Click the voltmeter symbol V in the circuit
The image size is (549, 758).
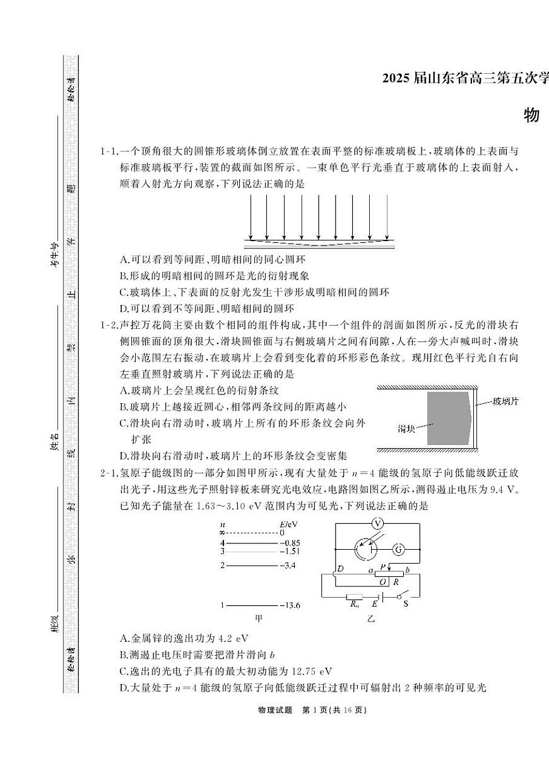click(377, 524)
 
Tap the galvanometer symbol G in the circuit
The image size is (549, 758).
click(398, 549)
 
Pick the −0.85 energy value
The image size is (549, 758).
click(289, 542)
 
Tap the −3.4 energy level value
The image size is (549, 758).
click(287, 566)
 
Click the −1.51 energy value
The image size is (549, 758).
click(288, 550)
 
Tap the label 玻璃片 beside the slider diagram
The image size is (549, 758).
click(505, 401)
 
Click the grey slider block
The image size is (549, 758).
click(448, 418)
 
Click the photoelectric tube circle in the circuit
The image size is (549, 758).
click(365, 549)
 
